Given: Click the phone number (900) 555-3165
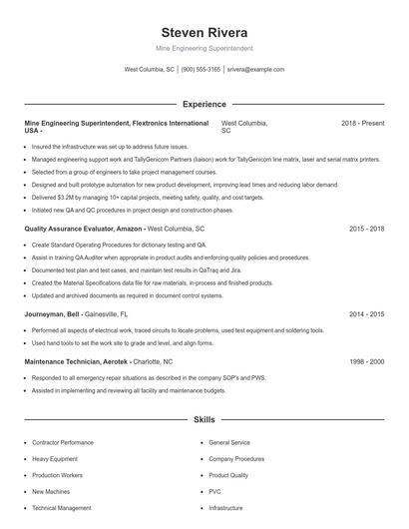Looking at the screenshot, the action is point(201,70).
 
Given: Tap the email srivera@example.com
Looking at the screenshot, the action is point(255,70).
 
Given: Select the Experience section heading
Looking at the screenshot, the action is point(204,104).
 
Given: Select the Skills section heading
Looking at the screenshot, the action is point(204,420).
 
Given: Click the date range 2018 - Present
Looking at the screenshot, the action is point(362,123).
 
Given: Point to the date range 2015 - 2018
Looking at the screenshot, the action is point(366,229).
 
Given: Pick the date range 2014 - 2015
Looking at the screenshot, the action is point(366,313).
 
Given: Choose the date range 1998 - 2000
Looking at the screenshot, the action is point(366,361).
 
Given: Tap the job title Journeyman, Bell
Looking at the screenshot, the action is point(52,313).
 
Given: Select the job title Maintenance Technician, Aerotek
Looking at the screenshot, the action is point(76,361).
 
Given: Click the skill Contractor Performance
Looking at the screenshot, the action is point(62,442).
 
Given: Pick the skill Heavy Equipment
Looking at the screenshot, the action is point(54,458).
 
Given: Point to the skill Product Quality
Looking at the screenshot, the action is point(228,475).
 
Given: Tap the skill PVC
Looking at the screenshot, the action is point(214,491).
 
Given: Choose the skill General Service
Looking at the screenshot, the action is point(229,442).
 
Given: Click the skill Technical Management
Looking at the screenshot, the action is point(61,508).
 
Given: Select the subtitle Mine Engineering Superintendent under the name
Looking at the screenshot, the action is point(204,48).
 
